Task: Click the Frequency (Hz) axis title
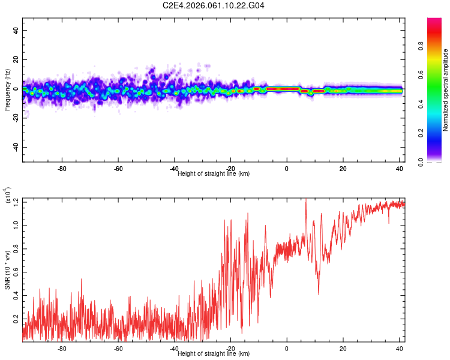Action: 7,89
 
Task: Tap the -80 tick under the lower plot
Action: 62,348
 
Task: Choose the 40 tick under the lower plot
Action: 400,348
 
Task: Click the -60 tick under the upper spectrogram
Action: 118,169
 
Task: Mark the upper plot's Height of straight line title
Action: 214,173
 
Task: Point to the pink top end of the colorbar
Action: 435,20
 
